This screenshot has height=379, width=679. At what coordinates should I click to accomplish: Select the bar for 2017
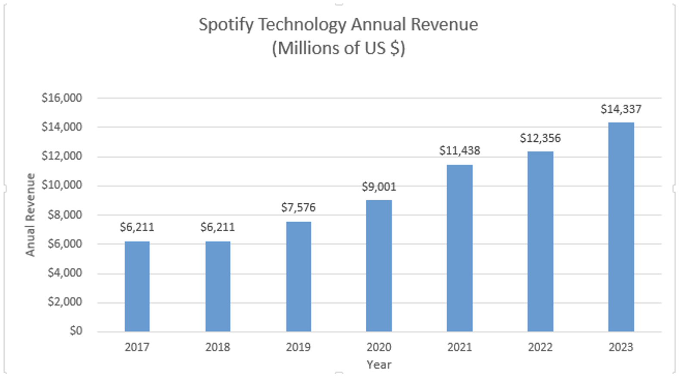[x=137, y=286]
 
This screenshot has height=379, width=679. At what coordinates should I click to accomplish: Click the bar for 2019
[x=299, y=276]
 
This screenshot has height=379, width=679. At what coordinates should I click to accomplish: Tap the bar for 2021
[x=459, y=248]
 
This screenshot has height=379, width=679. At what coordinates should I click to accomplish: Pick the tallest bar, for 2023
[x=621, y=227]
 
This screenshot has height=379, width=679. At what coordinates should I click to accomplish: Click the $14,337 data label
[x=621, y=109]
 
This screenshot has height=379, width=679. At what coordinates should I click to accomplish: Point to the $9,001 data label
[x=379, y=187]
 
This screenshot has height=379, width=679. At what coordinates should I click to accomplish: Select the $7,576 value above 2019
[x=299, y=208]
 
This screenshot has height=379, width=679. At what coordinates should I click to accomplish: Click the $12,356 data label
[x=540, y=138]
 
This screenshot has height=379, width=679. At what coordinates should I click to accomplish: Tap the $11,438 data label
[x=459, y=151]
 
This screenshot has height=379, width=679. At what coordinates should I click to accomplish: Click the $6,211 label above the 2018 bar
[x=218, y=227]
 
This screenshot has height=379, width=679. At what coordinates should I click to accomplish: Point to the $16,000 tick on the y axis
[x=62, y=98]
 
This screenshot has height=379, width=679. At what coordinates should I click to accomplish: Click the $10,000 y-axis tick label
[x=62, y=185]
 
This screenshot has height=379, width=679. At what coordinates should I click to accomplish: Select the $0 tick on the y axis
[x=76, y=331]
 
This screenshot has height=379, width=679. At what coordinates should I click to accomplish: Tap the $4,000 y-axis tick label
[x=65, y=273]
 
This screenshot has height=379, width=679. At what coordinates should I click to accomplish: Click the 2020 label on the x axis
[x=379, y=347]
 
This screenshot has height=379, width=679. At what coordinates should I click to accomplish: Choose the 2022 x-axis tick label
[x=540, y=347]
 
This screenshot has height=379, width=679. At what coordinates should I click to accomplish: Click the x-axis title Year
[x=379, y=365]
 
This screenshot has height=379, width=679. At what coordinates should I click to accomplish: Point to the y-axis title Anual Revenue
[x=30, y=214]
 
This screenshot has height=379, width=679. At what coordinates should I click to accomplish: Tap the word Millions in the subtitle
[x=306, y=48]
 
